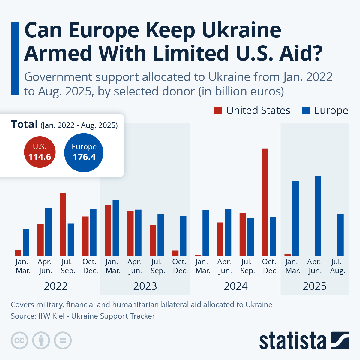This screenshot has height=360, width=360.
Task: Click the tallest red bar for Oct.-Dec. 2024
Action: (265, 202)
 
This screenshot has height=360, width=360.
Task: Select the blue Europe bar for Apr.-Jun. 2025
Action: (318, 216)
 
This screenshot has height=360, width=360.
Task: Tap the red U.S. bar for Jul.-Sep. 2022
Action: (63, 225)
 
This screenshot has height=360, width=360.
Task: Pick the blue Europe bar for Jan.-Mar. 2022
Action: (26, 243)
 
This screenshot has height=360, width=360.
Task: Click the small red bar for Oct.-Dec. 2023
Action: (175, 253)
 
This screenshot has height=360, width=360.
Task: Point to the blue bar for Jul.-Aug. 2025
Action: (340, 235)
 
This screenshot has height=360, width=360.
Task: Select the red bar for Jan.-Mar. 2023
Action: (108, 231)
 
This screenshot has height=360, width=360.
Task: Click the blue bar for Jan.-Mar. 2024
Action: (205, 233)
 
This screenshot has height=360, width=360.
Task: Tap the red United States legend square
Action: (218, 110)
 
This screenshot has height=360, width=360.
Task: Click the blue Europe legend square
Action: (306, 110)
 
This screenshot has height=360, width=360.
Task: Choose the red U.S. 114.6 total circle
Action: (40, 152)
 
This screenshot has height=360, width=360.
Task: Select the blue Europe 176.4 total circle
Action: (84, 153)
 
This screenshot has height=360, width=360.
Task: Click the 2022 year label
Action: (56, 286)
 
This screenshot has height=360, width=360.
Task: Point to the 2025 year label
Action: (314, 286)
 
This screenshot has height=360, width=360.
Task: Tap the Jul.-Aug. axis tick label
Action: (337, 266)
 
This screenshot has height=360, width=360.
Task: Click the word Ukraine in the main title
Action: (241, 30)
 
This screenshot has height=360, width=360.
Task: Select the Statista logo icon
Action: (340, 340)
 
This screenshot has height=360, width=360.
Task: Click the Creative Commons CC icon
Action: (19, 340)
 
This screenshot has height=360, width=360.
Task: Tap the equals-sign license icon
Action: (63, 340)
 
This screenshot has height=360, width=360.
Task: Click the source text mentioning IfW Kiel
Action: (83, 316)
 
